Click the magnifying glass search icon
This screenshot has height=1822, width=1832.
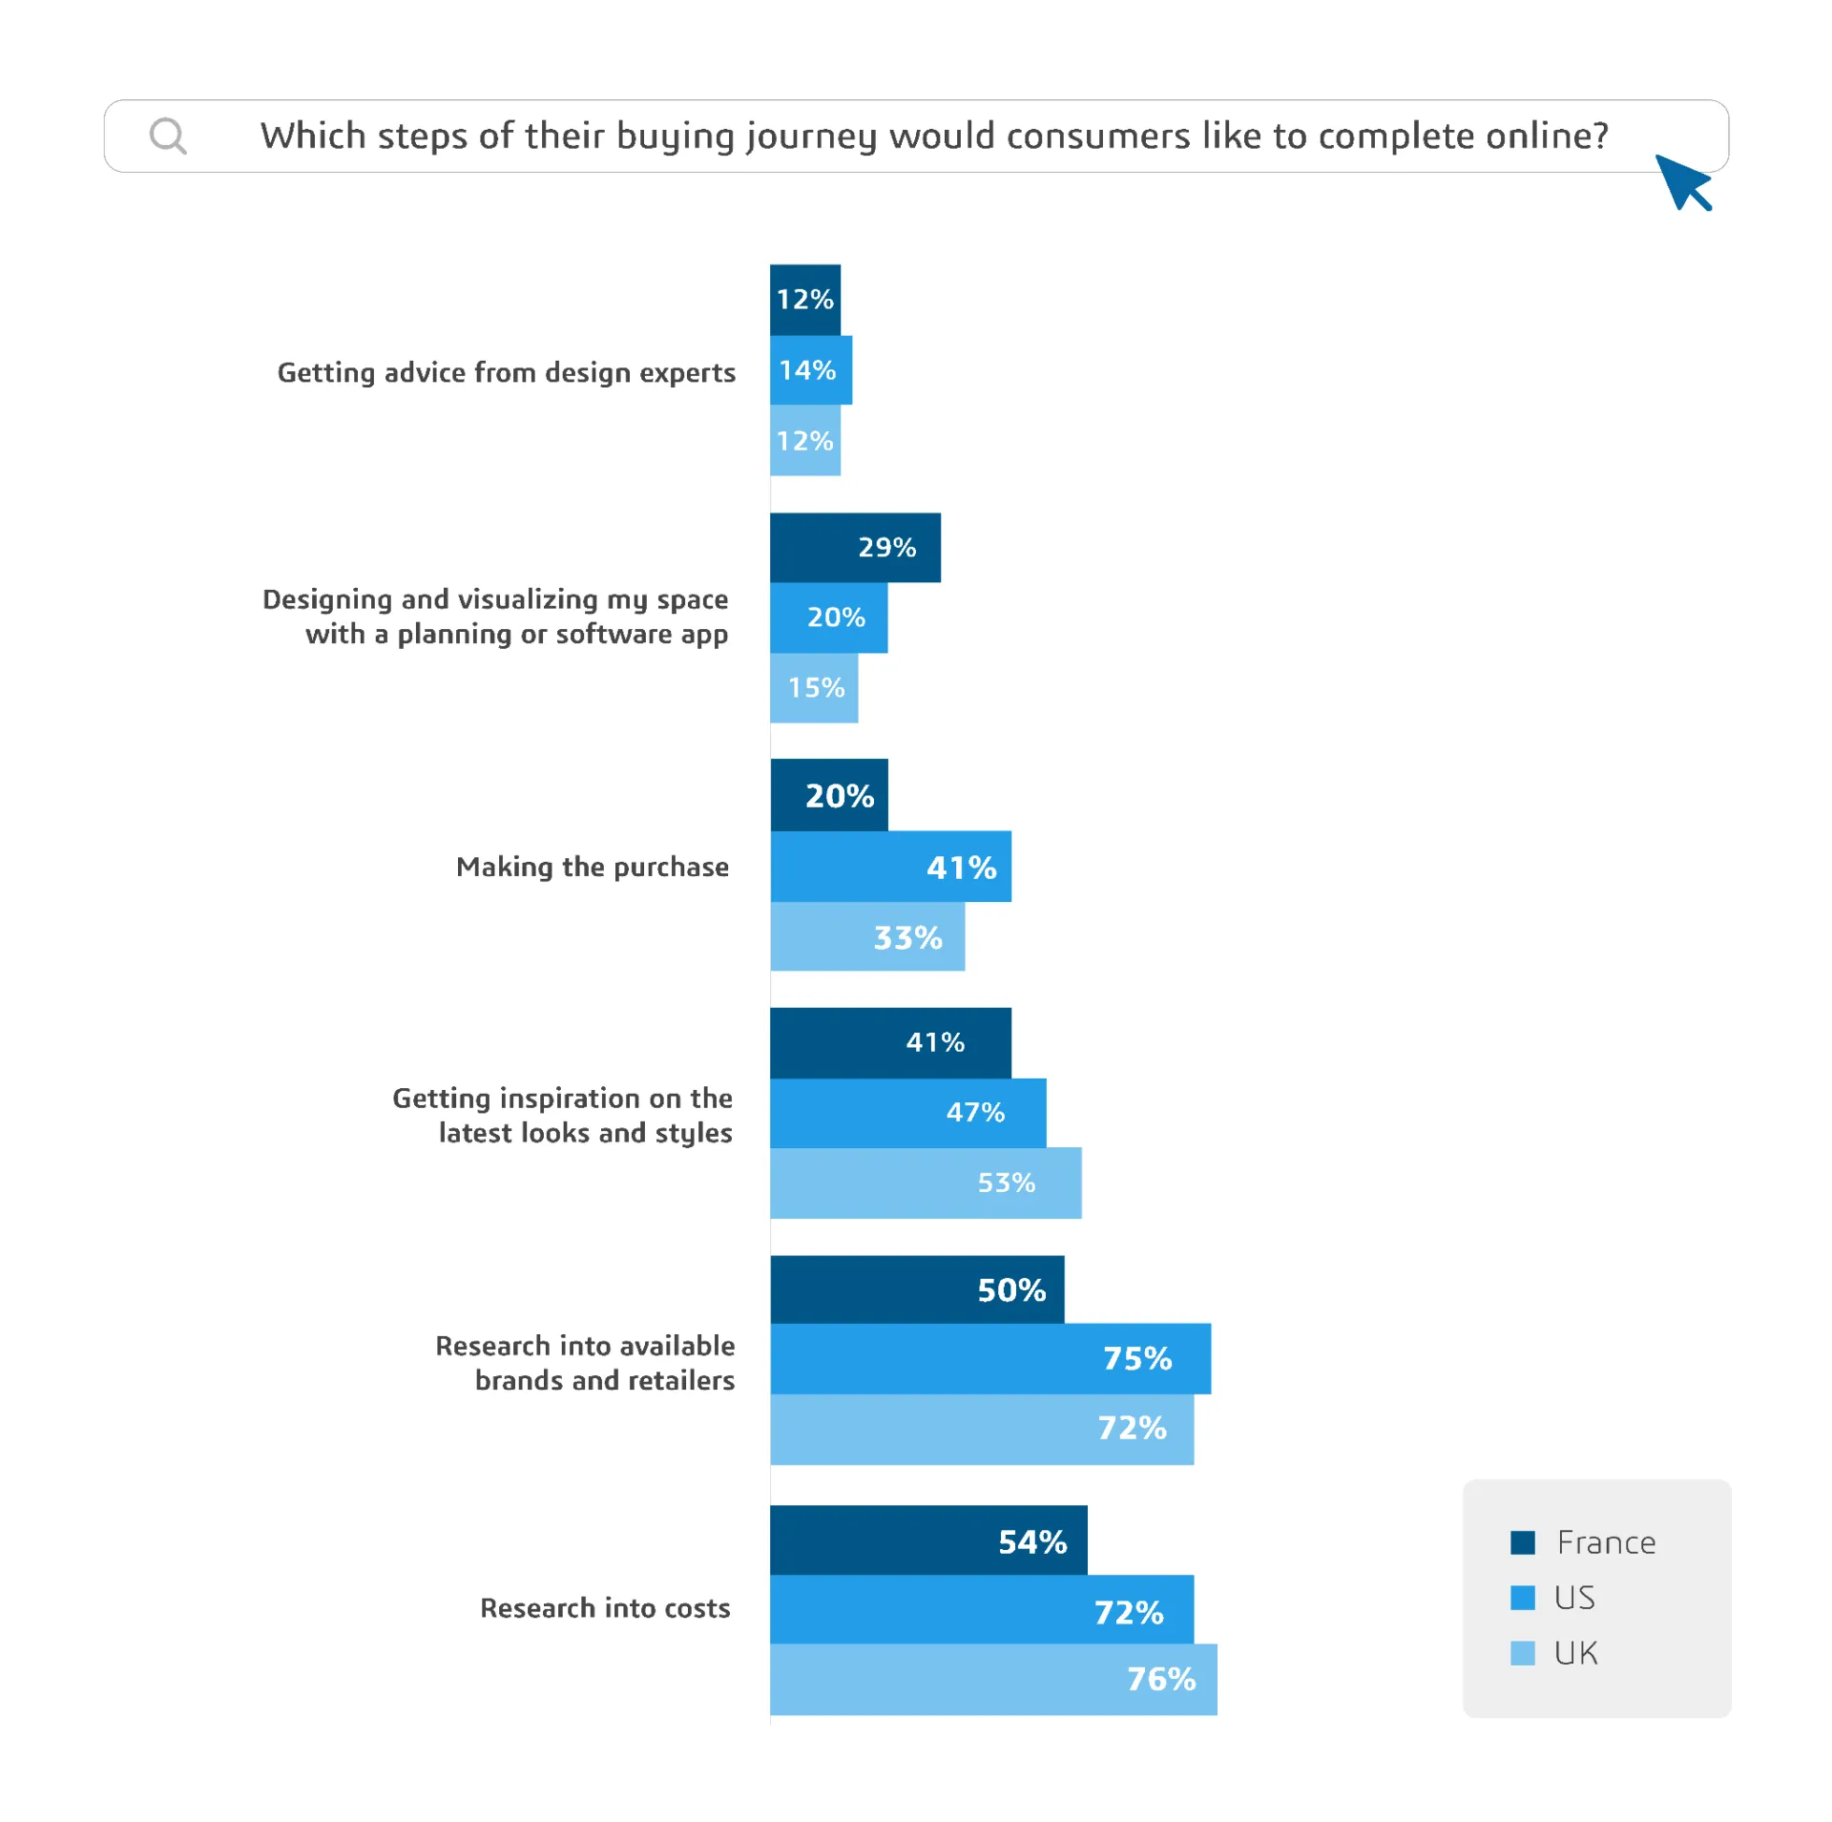point(168,136)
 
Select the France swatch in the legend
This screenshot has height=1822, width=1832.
point(1522,1541)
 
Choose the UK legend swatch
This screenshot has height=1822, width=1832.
point(1522,1652)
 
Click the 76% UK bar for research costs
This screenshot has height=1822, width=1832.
point(992,1678)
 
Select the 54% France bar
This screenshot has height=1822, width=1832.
point(927,1539)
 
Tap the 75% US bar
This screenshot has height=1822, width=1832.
point(989,1357)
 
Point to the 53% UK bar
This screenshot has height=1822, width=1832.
point(925,1182)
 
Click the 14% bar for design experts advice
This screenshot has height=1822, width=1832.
point(810,369)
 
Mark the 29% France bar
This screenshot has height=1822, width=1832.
point(854,547)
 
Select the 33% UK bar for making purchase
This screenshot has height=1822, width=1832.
point(866,936)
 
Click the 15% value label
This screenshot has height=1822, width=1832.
point(816,687)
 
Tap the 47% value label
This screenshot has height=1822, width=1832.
point(974,1112)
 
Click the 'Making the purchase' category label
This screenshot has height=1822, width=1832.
point(592,867)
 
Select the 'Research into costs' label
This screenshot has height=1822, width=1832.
point(604,1607)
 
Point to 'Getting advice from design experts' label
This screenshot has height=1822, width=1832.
point(506,372)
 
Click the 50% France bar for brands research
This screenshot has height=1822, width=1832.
point(916,1288)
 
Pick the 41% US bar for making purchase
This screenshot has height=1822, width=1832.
point(889,867)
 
